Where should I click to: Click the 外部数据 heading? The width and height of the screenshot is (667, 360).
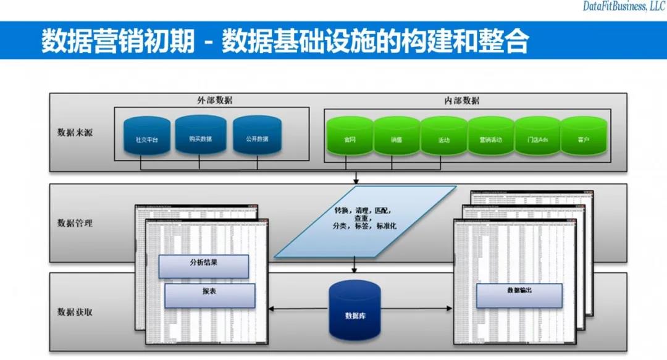[x=211, y=101]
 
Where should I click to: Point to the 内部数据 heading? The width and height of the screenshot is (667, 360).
[x=461, y=101]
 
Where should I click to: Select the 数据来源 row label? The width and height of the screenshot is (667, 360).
[x=75, y=132]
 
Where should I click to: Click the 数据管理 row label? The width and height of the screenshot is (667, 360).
[x=75, y=223]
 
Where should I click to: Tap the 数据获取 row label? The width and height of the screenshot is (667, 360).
[x=75, y=312]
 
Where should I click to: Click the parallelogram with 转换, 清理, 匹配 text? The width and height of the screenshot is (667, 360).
[x=364, y=221]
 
